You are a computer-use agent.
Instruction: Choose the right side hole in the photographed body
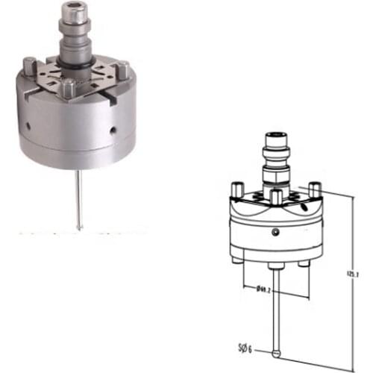click(x=112, y=131)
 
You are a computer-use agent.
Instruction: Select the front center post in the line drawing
click(x=276, y=198)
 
